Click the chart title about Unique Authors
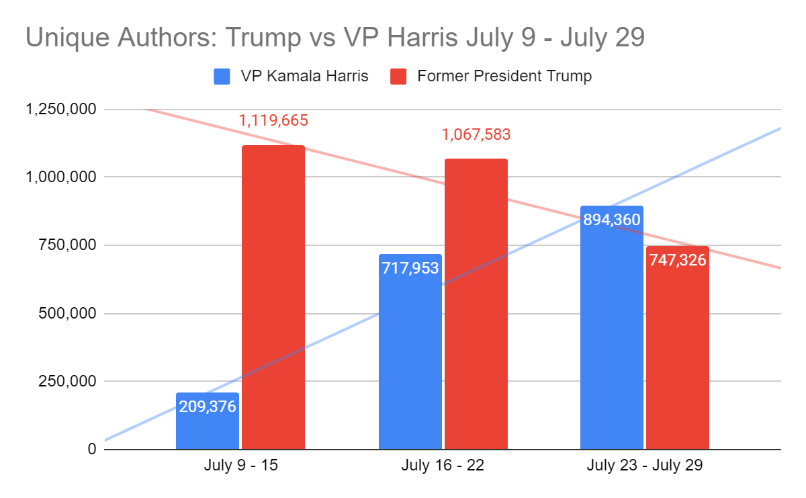pyautogui.click(x=334, y=38)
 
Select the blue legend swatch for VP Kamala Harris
pyautogui.click(x=222, y=76)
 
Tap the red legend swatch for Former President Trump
pyautogui.click(x=399, y=76)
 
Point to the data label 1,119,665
pyautogui.click(x=273, y=121)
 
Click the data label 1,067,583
pyautogui.click(x=476, y=134)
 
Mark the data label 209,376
pyautogui.click(x=207, y=407)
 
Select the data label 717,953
pyautogui.click(x=410, y=268)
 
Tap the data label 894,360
pyautogui.click(x=611, y=220)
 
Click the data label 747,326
pyautogui.click(x=677, y=260)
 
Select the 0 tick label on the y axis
pyautogui.click(x=90, y=449)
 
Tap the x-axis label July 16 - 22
pyautogui.click(x=442, y=466)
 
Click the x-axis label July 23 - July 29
pyautogui.click(x=644, y=466)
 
